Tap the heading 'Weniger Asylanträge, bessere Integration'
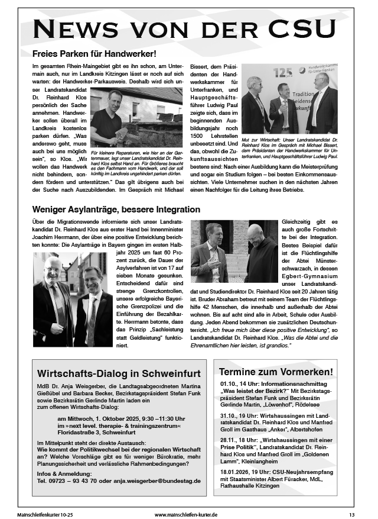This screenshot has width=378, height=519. point(117,209)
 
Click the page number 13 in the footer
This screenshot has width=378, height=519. point(351,515)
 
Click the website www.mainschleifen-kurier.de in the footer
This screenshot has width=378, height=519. point(186,515)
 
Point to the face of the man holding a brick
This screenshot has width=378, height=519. point(115,98)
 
